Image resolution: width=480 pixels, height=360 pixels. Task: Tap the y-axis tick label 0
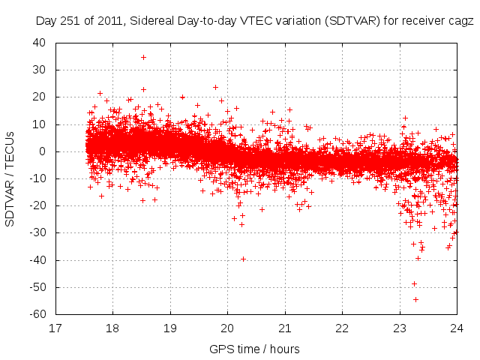tap(43, 151)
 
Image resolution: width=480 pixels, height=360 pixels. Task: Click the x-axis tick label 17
tap(55, 328)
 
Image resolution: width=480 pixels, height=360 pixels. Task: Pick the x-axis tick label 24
tap(457, 328)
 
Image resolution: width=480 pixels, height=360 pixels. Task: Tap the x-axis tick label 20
tap(227, 328)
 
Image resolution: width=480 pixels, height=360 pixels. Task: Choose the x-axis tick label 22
tap(342, 328)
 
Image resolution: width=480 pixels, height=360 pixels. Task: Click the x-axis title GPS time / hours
tap(254, 349)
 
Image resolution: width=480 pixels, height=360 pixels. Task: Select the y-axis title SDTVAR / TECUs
tap(10, 178)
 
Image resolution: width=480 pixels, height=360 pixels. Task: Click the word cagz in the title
tap(461, 22)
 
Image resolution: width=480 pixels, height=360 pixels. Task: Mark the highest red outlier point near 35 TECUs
tap(143, 57)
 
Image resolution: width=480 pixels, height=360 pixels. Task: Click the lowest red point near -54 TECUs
tap(415, 299)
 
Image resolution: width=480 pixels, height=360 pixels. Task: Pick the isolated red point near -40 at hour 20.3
tap(243, 259)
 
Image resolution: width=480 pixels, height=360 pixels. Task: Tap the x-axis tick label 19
tap(170, 328)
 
